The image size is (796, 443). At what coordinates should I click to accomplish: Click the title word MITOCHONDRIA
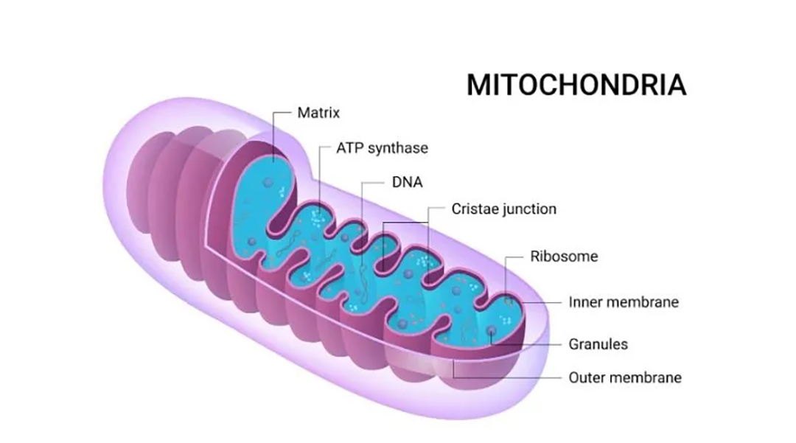click(576, 85)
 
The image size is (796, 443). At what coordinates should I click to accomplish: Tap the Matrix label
click(318, 113)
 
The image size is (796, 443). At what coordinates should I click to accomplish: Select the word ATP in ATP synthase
click(350, 147)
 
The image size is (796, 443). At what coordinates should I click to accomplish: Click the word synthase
click(398, 148)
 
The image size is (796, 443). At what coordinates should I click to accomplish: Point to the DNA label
click(407, 182)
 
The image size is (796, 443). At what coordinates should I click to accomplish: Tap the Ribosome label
click(564, 257)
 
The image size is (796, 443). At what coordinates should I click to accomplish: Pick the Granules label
click(598, 344)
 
